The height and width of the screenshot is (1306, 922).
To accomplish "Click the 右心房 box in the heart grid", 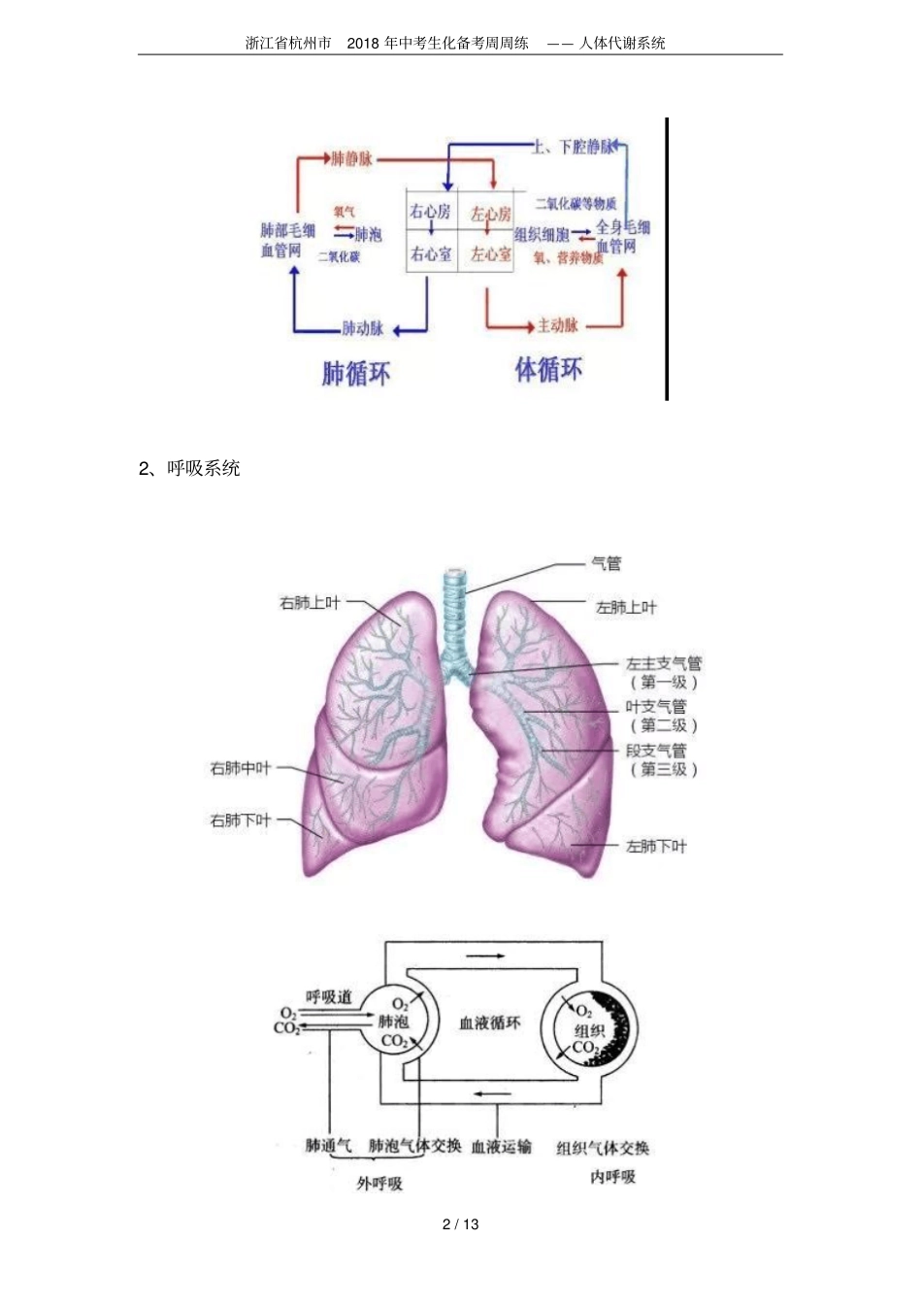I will click(x=430, y=212).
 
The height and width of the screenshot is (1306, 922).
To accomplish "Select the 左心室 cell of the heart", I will click(x=491, y=254).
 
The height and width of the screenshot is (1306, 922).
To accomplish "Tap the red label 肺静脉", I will click(x=351, y=158).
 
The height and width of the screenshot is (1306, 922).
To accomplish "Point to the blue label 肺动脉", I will click(x=363, y=328).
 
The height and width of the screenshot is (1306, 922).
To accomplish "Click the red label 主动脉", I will click(x=558, y=325).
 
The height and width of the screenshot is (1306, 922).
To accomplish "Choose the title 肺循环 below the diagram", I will click(x=356, y=373).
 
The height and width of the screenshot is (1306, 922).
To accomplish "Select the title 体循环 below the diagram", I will click(x=548, y=369).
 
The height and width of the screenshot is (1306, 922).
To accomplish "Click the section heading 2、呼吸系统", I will click(x=189, y=468).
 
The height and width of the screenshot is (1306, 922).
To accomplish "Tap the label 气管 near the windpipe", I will click(x=607, y=563).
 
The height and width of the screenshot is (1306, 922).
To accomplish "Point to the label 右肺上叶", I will click(x=310, y=603).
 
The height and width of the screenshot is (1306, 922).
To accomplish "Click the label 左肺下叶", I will click(x=656, y=847).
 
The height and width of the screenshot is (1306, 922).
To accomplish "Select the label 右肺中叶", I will click(x=241, y=768).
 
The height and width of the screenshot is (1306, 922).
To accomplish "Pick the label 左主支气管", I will click(x=664, y=664).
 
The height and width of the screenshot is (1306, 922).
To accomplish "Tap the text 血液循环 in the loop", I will click(x=489, y=1022).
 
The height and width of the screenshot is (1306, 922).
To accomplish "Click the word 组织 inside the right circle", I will click(x=589, y=1030).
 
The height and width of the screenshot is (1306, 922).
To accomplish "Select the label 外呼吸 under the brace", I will click(x=379, y=1184).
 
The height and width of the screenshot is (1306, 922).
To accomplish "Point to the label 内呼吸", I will click(x=613, y=1177).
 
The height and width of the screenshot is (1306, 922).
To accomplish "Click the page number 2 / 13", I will click(x=461, y=1224).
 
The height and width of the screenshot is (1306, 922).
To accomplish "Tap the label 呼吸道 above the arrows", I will click(x=329, y=997).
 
